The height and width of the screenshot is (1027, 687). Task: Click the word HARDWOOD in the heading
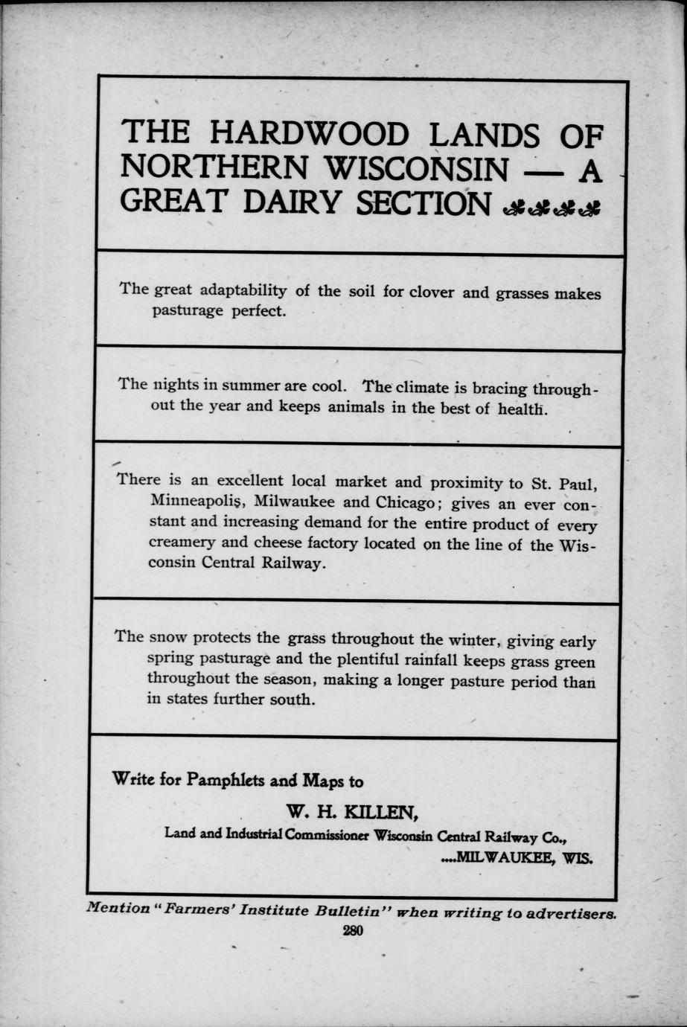coord(309,134)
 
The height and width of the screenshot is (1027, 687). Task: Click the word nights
coord(177,385)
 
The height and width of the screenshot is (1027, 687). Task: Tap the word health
coord(523,409)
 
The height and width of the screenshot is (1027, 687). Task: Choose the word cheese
coord(279,543)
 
